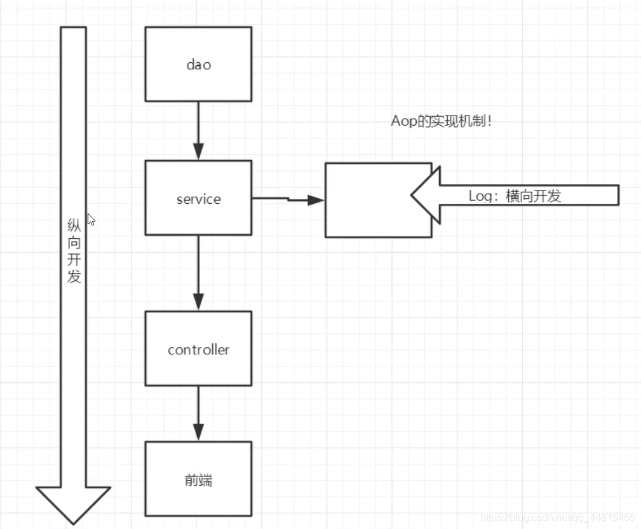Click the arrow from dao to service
tap(198, 130)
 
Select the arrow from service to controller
tap(198, 273)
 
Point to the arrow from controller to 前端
tap(198, 413)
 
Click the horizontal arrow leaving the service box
tap(288, 199)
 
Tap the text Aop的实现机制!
tap(441, 121)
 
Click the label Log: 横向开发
tap(515, 196)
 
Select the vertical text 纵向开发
tap(74, 251)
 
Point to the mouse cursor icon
tap(90, 219)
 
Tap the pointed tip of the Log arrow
tap(414, 195)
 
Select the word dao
tap(198, 64)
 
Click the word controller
tap(198, 350)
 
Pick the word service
tap(198, 199)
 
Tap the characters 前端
tap(198, 480)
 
